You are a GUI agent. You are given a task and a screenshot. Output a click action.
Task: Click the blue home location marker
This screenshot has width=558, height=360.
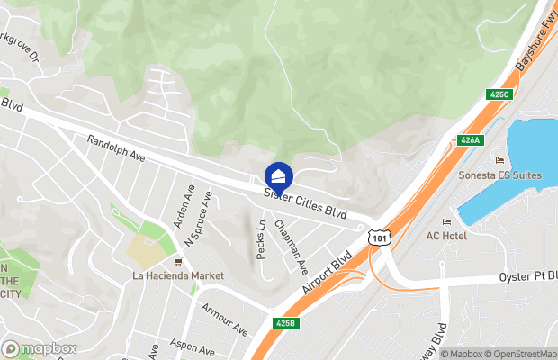pos(278,175)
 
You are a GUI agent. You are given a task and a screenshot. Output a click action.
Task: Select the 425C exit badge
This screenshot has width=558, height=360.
pos(499,94)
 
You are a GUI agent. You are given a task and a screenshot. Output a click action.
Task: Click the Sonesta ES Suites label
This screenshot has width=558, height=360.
pos(500,175)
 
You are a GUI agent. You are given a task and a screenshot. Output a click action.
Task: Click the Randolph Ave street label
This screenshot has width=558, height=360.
pos(116,149)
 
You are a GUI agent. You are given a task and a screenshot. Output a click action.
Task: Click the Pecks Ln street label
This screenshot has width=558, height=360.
pos(262,240)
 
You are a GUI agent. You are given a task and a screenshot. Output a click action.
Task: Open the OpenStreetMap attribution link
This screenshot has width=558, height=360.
pos(520,354)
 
